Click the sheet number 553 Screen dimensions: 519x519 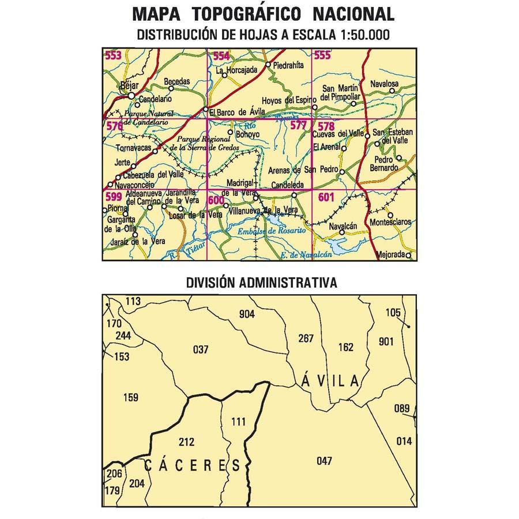[113, 55]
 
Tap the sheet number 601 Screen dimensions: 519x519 [325, 197]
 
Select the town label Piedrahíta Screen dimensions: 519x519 [289, 66]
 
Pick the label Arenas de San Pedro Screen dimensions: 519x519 [302, 170]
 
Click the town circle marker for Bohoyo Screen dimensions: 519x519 [230, 133]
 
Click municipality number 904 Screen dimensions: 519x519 [247, 314]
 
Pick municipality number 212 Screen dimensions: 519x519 [187, 442]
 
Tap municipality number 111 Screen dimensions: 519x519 [238, 422]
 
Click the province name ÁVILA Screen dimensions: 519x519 [330, 380]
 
